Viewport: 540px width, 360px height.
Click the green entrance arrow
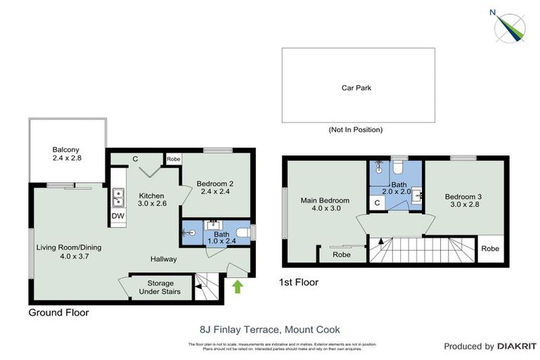click(237, 287)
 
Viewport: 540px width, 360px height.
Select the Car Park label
click(356, 89)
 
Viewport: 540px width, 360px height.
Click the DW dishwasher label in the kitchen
click(117, 216)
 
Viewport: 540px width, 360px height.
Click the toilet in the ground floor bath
click(242, 232)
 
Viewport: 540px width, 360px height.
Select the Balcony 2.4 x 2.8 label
click(67, 154)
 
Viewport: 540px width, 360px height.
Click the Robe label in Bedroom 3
click(490, 249)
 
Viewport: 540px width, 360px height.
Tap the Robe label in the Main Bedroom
click(342, 255)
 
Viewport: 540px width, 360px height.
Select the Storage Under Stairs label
click(159, 288)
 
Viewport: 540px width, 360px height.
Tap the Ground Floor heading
click(58, 311)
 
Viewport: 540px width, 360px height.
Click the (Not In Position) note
click(356, 130)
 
